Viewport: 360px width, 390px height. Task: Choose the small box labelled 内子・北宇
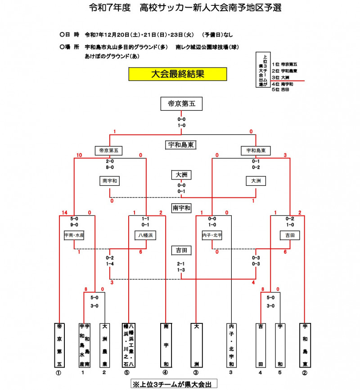(213, 235)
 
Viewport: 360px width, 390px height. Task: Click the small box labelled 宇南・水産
(74, 235)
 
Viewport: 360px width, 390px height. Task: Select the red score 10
(79, 155)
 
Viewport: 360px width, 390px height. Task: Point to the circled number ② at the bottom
(305, 373)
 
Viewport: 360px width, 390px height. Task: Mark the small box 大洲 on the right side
(256, 181)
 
